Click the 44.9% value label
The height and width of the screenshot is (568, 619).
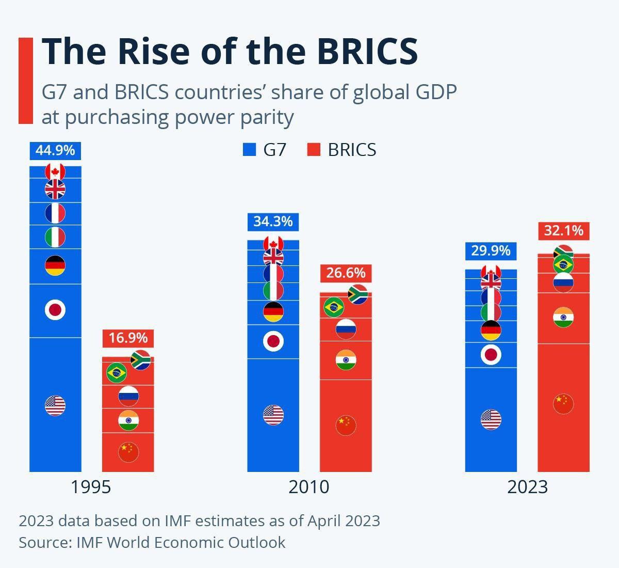55,150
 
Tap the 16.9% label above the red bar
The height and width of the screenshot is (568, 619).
128,338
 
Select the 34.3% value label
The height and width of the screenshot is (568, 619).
273,222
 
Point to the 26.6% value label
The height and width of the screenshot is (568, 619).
346,273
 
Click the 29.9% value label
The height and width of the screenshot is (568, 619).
491,251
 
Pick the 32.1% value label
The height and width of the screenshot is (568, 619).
563,230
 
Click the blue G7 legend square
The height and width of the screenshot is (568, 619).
250,150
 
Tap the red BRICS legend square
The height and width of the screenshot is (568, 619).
314,150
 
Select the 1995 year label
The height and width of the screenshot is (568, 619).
91,487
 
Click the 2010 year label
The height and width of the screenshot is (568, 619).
309,487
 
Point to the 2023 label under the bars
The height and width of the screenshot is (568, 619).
527,487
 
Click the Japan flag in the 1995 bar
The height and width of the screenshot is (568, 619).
55,310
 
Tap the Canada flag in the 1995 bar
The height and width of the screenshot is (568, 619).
55,171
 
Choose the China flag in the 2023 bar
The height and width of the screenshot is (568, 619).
563,403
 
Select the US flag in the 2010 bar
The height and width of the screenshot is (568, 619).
273,415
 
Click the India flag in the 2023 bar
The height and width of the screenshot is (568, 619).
563,317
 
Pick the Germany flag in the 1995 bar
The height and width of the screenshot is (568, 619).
55,266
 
